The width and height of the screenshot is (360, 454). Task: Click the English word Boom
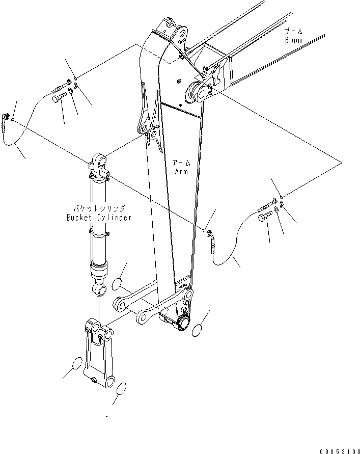pyautogui.click(x=293, y=40)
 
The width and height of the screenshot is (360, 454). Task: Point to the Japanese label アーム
pyautogui.click(x=181, y=163)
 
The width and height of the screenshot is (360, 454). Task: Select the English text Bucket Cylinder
pyautogui.click(x=99, y=218)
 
